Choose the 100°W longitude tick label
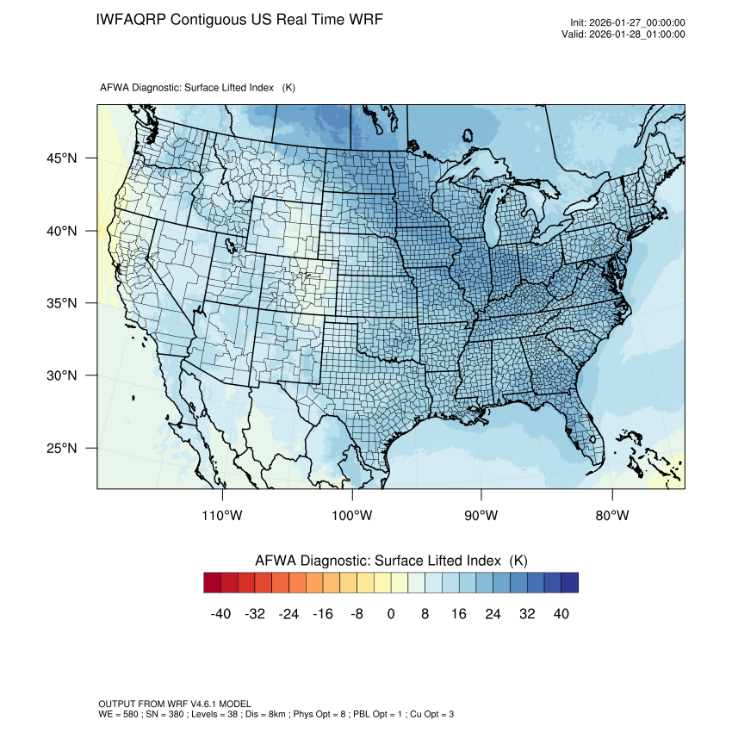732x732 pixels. pyautogui.click(x=352, y=516)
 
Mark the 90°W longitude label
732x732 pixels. pyautogui.click(x=481, y=516)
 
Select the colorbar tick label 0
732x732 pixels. pyautogui.click(x=391, y=613)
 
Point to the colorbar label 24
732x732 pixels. pyautogui.click(x=493, y=613)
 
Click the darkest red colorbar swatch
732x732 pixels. pyautogui.click(x=213, y=583)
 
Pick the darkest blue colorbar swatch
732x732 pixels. pyautogui.click(x=569, y=583)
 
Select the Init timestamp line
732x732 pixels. pyautogui.click(x=627, y=23)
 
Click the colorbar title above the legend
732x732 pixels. pyautogui.click(x=391, y=561)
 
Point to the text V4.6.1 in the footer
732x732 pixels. pyautogui.click(x=189, y=704)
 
